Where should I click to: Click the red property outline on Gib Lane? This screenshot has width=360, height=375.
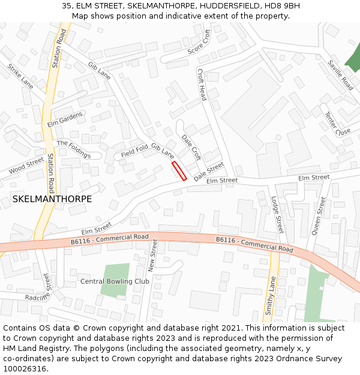tap(179, 170)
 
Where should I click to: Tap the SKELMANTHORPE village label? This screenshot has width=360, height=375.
tap(52, 199)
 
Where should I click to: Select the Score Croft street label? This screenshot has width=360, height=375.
tap(199, 42)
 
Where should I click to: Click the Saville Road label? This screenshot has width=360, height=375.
tap(341, 75)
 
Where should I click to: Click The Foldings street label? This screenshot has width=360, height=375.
tap(73, 148)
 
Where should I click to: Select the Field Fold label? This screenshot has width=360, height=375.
tap(134, 151)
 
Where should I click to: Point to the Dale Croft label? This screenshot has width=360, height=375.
tap(191, 147)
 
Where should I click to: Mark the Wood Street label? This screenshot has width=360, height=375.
tap(26, 166)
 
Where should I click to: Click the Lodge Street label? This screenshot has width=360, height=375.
tap(277, 215)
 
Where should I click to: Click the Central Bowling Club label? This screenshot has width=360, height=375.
tap(115, 281)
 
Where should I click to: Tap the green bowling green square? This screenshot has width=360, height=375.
tap(115, 280)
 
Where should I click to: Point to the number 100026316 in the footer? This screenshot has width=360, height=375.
tap(25, 369)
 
